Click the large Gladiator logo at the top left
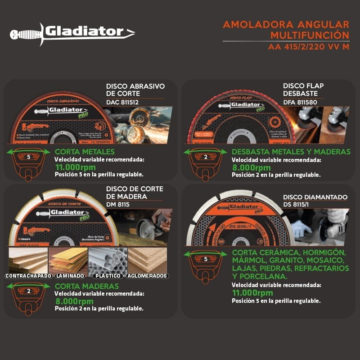click(x=72, y=32)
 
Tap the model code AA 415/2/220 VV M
click(x=308, y=47)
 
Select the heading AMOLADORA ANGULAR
click(x=286, y=24)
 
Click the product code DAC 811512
click(x=122, y=102)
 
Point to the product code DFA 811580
click(x=300, y=102)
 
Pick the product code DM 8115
click(x=118, y=204)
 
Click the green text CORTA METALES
click(x=85, y=152)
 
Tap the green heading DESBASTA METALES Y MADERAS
click(x=291, y=152)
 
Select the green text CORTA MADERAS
click(x=87, y=286)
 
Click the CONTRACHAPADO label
click(x=28, y=276)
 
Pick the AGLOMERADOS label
click(x=147, y=276)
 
